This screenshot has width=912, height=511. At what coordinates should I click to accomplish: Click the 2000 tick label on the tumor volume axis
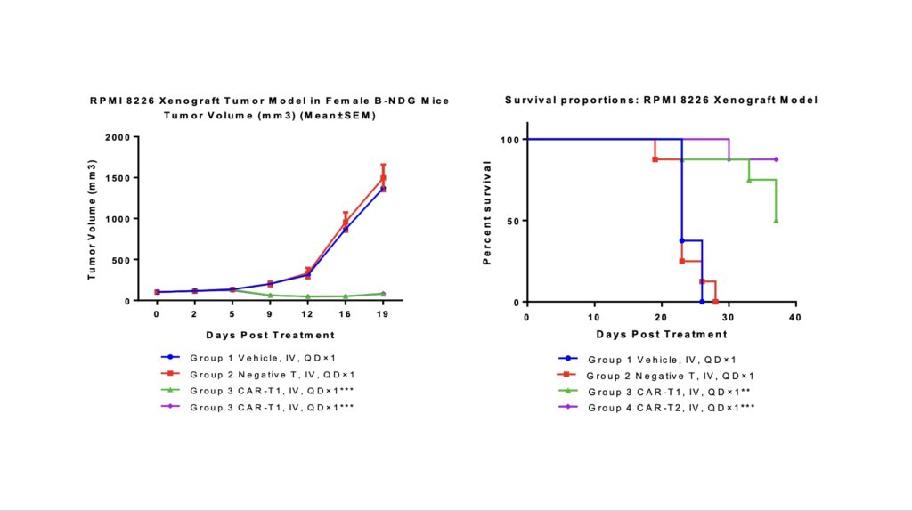point(115,137)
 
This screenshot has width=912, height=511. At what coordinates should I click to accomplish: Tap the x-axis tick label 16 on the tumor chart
point(345,315)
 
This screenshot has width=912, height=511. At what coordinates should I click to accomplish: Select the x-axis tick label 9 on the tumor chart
point(270,315)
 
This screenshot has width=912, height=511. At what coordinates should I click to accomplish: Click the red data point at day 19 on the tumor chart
point(383,177)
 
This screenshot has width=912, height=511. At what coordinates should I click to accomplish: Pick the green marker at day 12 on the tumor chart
point(307,296)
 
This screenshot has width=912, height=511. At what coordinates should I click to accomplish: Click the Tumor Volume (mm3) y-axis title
point(91,219)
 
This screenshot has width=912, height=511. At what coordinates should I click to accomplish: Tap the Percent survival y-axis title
point(487,213)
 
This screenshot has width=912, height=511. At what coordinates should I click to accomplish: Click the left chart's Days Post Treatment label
point(270,335)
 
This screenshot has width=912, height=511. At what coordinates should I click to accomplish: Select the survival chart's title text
point(661,100)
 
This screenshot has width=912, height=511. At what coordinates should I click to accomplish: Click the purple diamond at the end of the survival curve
point(776,159)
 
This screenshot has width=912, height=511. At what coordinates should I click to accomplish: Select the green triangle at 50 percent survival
point(776,221)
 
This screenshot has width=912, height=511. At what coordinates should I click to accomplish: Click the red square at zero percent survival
point(715,302)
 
